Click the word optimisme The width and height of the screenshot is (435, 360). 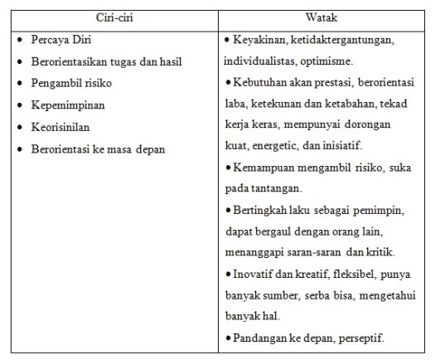325,61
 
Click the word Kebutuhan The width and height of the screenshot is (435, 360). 261,84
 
